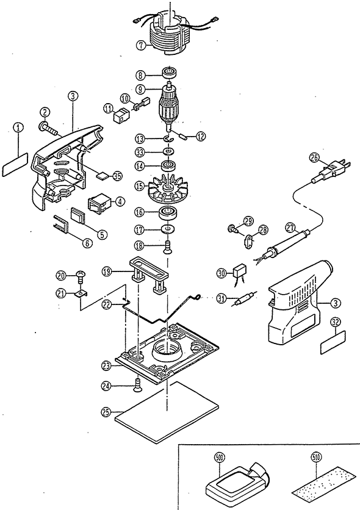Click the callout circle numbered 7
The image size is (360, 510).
[141, 45]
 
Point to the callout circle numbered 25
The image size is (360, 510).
[106, 413]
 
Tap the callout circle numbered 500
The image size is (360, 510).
[220, 458]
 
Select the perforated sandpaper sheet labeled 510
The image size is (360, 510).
[323, 481]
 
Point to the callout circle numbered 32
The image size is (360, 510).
[335, 322]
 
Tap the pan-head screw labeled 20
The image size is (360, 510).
[81, 277]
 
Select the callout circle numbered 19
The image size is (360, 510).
[107, 271]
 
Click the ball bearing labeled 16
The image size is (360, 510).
[168, 213]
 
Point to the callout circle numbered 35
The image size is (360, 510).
[117, 176]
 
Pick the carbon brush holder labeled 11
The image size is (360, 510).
[120, 116]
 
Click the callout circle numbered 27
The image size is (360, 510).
[290, 228]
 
